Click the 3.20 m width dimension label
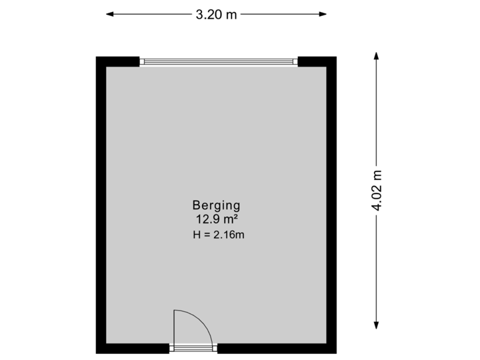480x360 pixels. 216,14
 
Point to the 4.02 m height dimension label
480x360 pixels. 377,191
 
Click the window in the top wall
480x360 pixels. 218,61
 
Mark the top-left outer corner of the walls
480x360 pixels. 97,57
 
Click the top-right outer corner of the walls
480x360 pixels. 336,57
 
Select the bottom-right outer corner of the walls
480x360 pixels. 336,352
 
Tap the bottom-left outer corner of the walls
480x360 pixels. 97,352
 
